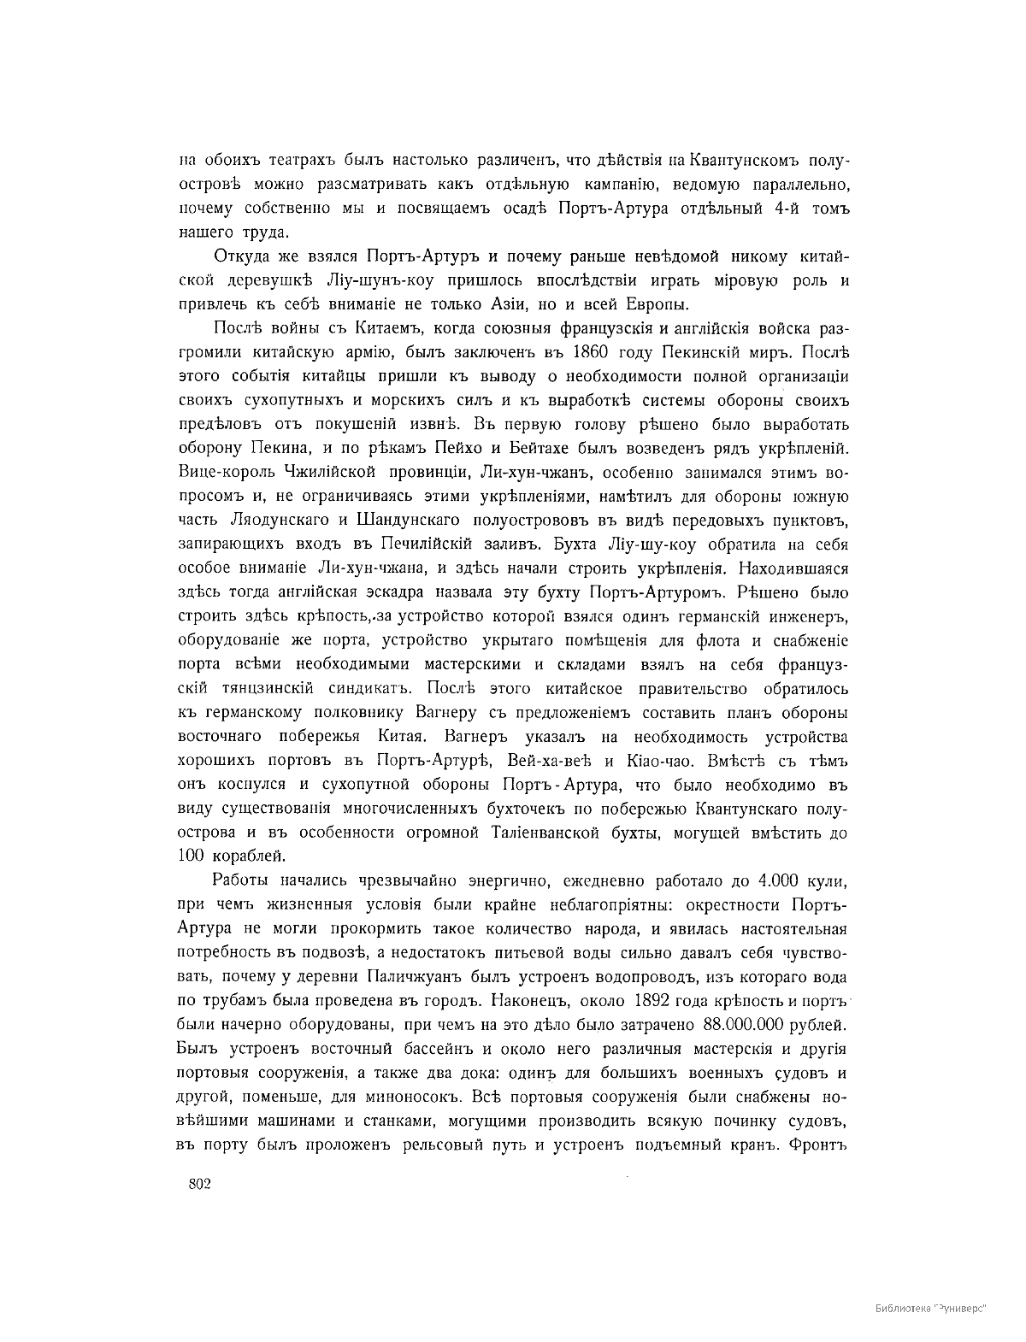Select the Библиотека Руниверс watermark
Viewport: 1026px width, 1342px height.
(931, 1309)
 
